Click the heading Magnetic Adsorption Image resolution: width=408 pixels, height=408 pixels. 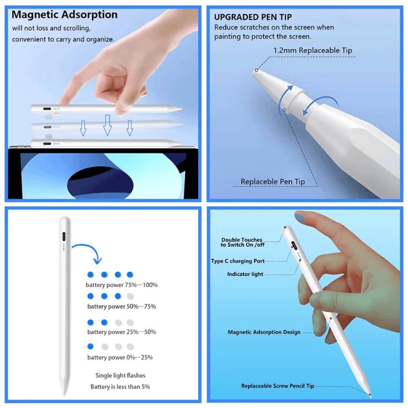click(x=64, y=15)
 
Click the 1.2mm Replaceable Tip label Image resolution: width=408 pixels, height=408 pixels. click(x=313, y=50)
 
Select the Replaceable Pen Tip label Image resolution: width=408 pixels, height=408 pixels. click(x=273, y=182)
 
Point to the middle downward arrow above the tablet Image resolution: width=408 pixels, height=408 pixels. click(x=107, y=124)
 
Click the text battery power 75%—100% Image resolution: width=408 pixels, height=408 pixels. click(x=122, y=285)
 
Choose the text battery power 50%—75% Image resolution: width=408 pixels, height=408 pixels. click(x=122, y=306)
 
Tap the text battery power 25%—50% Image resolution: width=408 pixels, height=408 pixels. click(x=122, y=332)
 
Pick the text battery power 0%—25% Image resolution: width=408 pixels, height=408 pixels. click(x=120, y=357)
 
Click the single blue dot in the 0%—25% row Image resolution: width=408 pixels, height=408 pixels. click(x=91, y=346)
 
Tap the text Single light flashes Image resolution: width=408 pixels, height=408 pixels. click(x=120, y=375)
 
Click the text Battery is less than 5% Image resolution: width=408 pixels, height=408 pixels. click(x=120, y=386)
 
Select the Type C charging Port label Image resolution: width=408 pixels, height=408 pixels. click(x=238, y=261)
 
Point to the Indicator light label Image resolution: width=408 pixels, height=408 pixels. click(x=245, y=274)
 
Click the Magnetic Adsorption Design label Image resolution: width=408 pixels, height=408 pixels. click(x=264, y=332)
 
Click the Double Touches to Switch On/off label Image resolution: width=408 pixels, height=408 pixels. click(x=242, y=242)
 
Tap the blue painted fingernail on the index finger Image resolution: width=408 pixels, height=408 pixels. click(x=301, y=216)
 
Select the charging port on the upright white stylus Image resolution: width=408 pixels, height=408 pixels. click(x=64, y=237)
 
